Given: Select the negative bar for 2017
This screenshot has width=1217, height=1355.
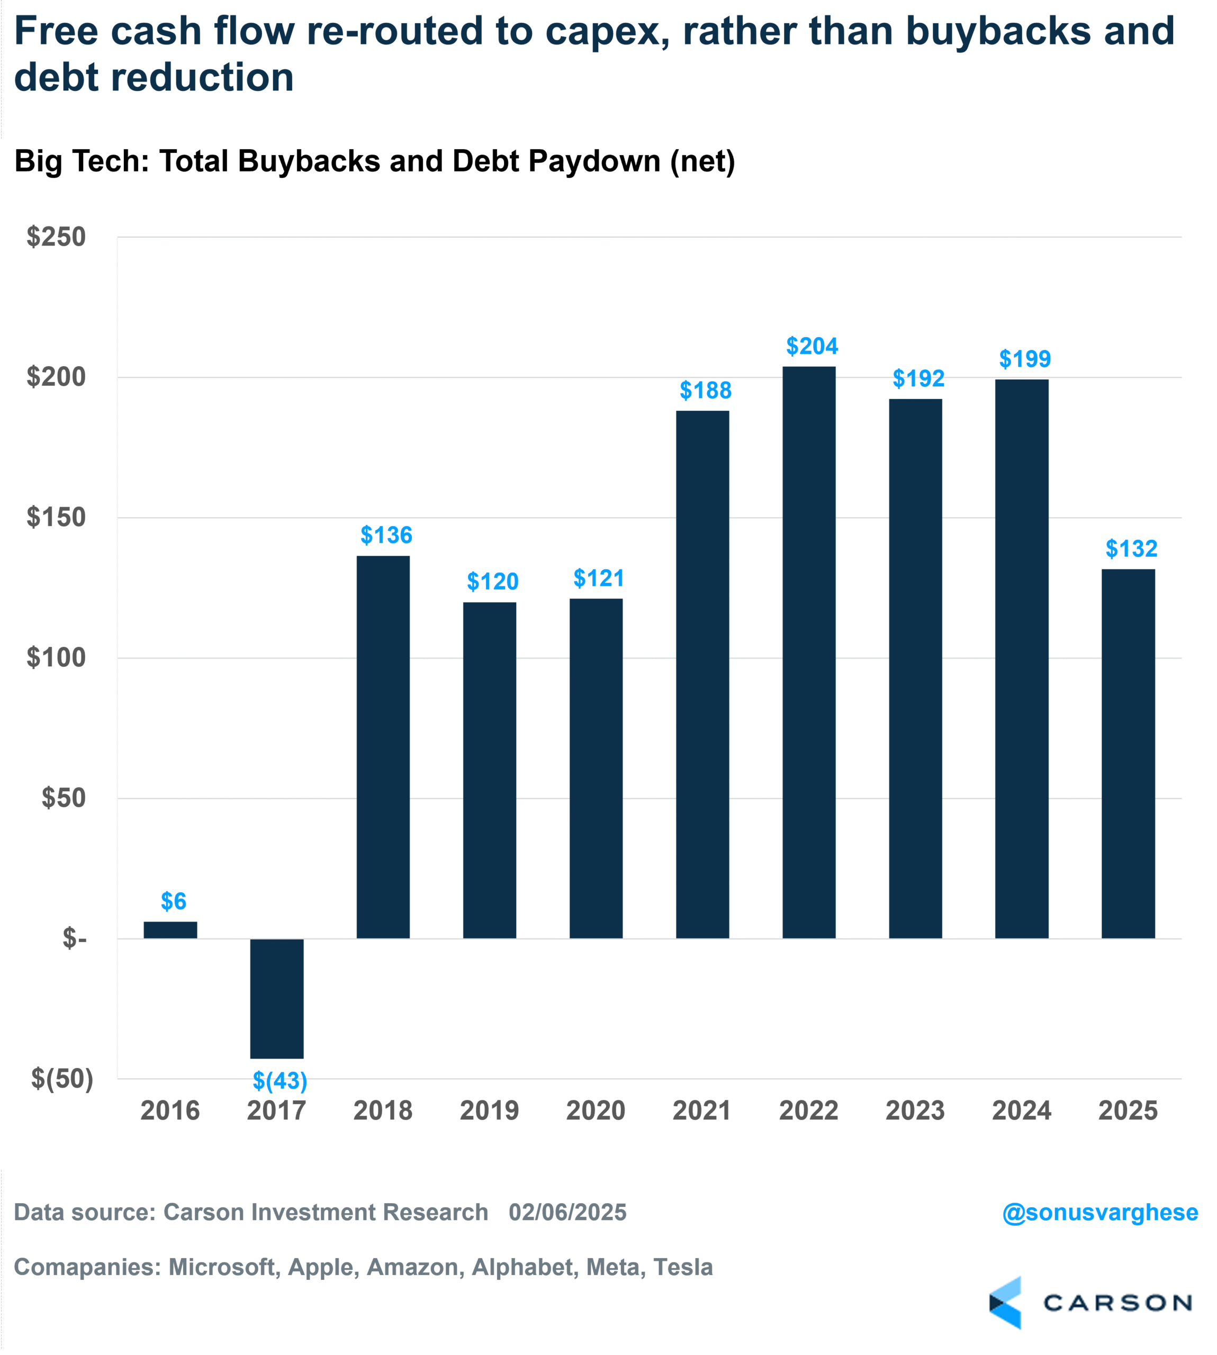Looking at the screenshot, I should pos(277,998).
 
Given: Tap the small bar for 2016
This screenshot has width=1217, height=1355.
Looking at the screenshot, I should pos(170,930).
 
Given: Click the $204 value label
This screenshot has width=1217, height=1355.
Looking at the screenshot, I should pos(812,346).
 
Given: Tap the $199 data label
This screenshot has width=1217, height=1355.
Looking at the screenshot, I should pos(1024,359).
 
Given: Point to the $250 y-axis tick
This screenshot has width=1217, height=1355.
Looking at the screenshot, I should pos(56,237).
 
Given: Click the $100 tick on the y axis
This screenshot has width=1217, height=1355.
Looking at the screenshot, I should pos(56,658).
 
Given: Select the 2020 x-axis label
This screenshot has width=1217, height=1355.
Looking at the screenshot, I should pos(596,1110).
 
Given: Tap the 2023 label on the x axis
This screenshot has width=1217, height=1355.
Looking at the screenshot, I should pos(915,1110).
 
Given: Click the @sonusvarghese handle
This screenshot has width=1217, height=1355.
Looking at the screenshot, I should pos(1099,1212).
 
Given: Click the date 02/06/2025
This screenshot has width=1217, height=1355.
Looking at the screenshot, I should pos(567,1212).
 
